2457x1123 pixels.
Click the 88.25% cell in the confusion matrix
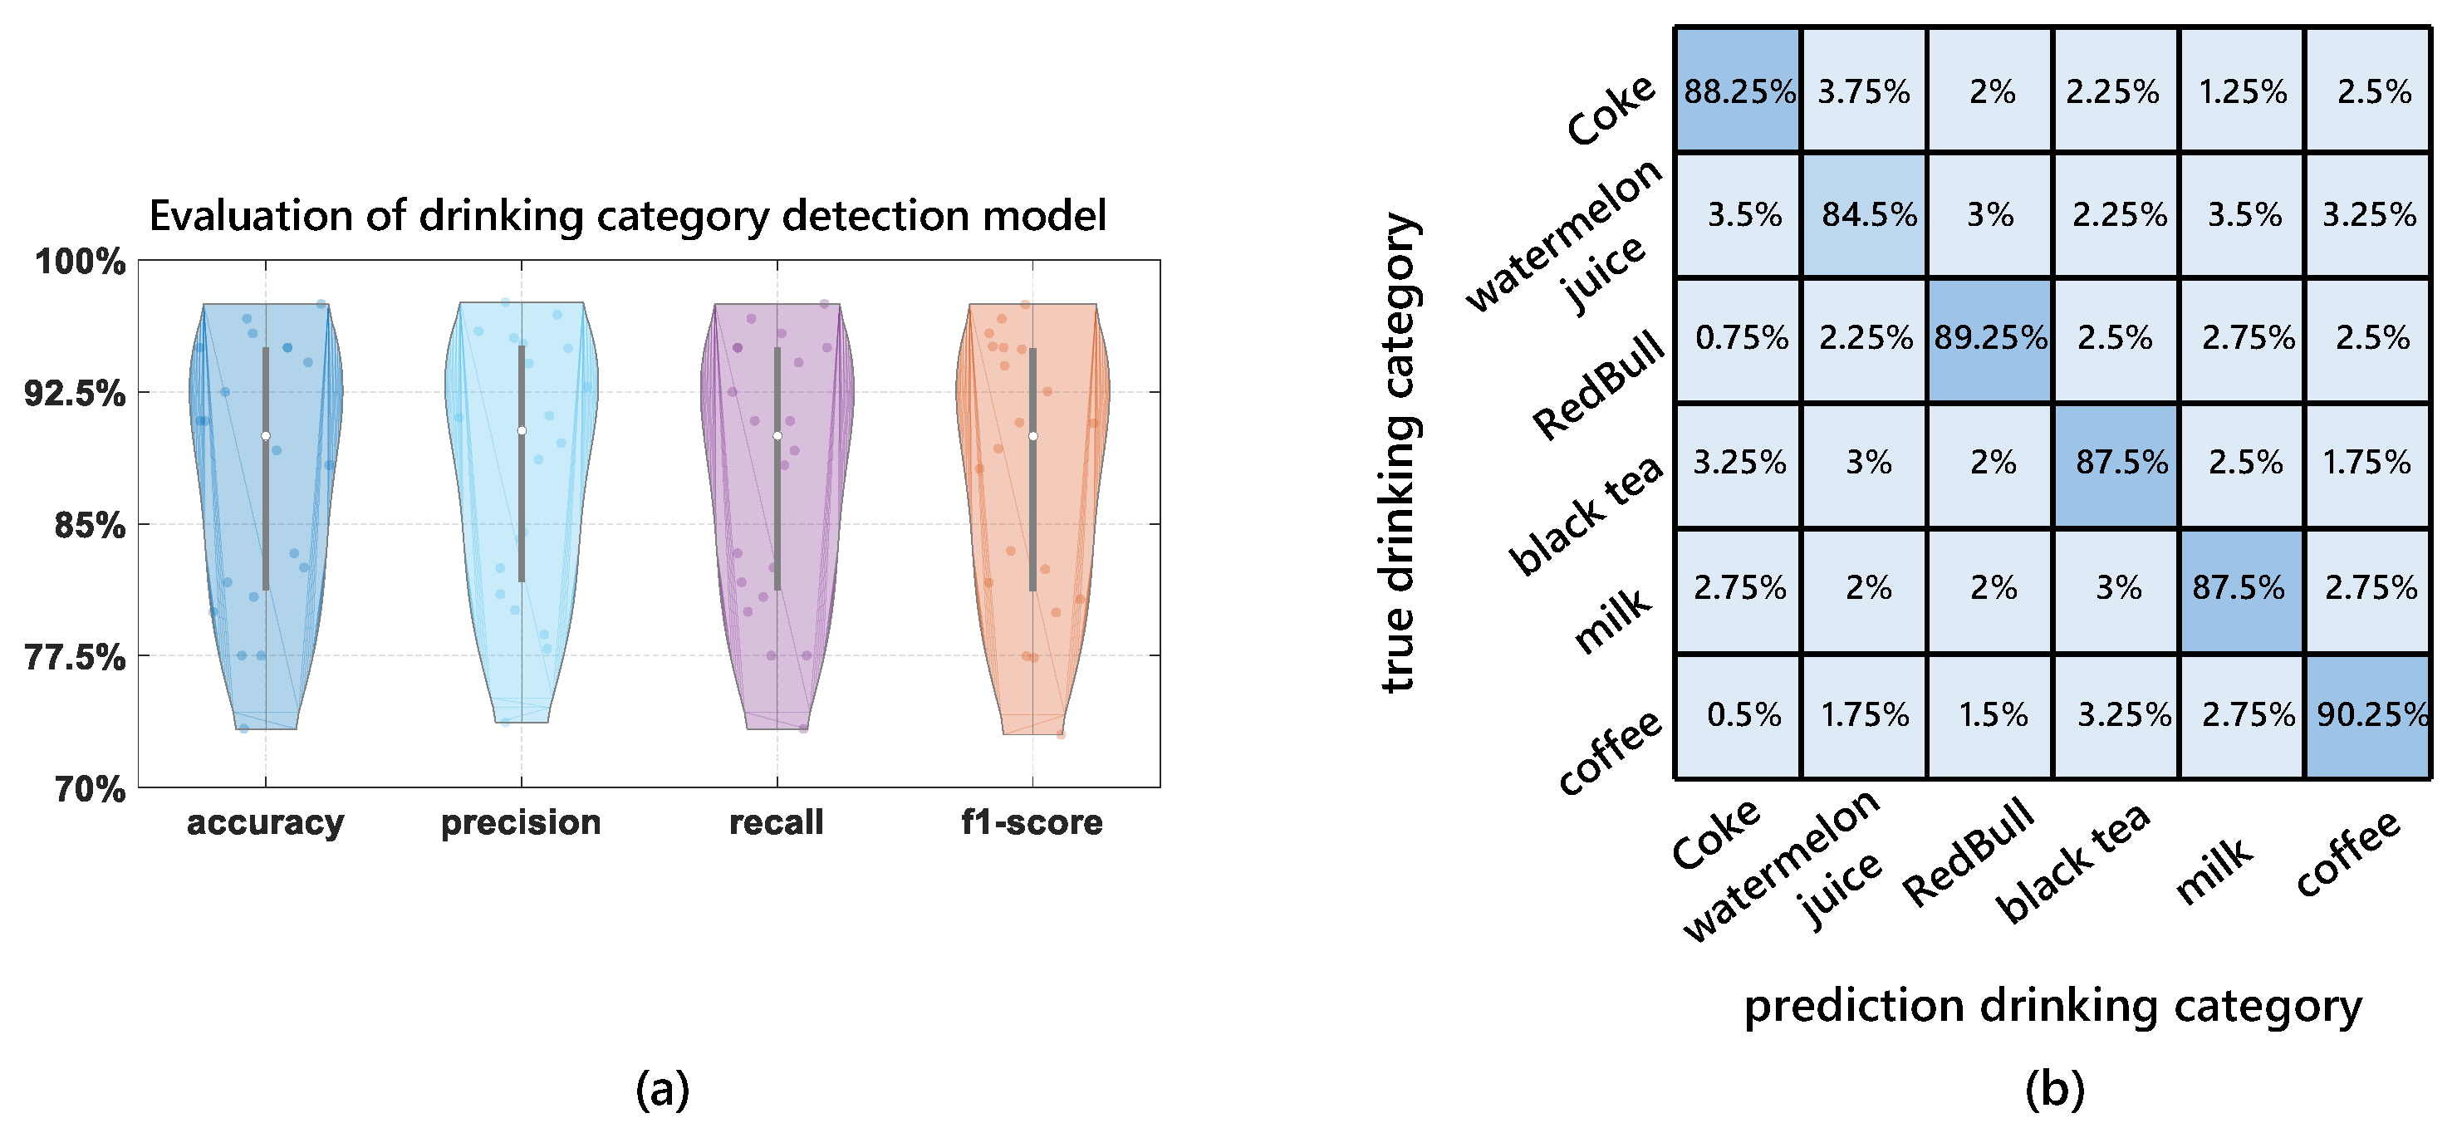point(1738,91)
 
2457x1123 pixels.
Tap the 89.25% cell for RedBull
point(1989,338)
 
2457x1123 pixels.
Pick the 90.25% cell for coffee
point(2369,714)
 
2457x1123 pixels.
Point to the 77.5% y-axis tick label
point(75,657)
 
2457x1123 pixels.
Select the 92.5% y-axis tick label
point(75,393)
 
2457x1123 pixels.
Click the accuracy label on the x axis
point(265,822)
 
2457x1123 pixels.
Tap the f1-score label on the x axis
point(1031,822)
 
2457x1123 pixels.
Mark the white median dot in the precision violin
point(521,431)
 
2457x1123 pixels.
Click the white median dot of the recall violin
point(777,436)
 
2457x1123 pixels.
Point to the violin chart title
point(628,216)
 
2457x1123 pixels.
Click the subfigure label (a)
point(662,1089)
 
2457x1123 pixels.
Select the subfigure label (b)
point(2054,1089)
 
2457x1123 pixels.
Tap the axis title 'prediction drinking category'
point(2052,1007)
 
